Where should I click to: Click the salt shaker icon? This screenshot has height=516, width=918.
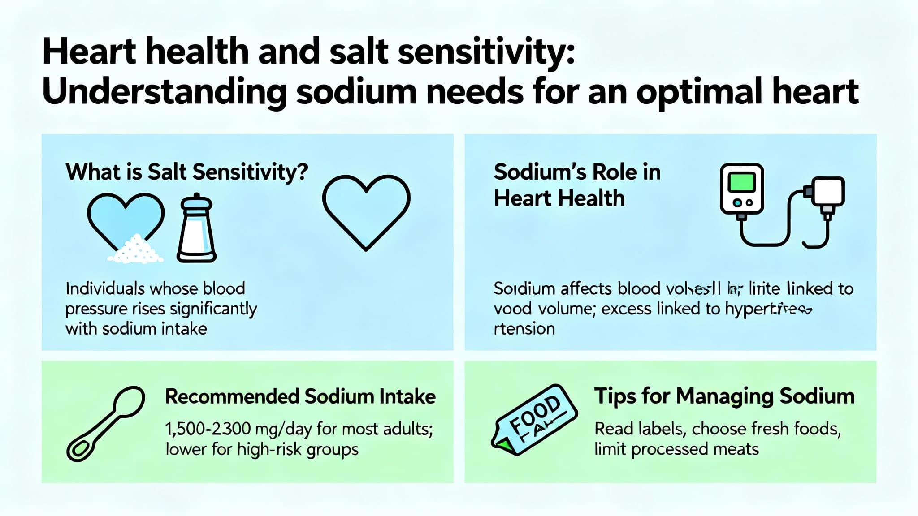196,228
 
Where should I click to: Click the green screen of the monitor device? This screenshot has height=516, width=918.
741,183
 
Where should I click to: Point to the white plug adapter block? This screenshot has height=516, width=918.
827,191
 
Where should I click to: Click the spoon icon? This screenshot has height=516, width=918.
106,423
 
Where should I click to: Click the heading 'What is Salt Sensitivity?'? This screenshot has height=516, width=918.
187,172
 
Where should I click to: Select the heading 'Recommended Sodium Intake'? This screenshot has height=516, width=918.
300,397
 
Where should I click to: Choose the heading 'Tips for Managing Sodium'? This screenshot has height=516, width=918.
724,396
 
